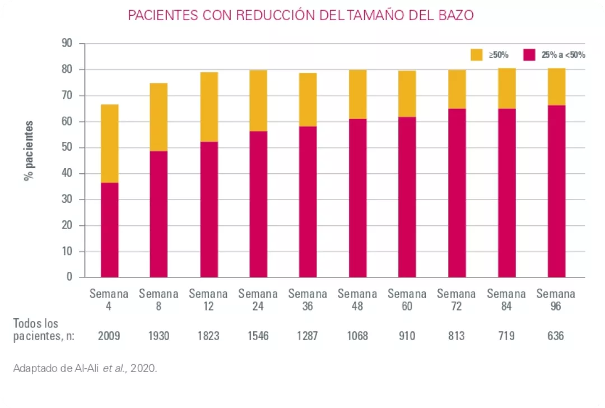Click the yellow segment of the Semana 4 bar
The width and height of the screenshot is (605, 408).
coord(109,143)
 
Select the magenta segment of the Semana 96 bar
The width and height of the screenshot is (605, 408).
coord(556,191)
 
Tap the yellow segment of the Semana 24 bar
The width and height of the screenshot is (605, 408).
coord(258,100)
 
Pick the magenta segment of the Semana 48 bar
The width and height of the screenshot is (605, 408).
coord(357,197)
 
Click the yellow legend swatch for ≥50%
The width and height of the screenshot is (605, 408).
coord(476,55)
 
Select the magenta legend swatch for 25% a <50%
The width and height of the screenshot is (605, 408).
coord(529,55)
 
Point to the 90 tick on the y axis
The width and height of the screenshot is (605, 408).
coord(67,43)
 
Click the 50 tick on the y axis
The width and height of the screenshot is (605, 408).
coord(67,147)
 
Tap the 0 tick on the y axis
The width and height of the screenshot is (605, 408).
coord(69,277)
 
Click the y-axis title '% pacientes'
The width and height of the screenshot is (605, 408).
coord(29,150)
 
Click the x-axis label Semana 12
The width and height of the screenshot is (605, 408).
coord(208,300)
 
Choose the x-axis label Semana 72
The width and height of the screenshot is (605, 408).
coord(457,300)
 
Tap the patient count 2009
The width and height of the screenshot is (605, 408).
coord(109,336)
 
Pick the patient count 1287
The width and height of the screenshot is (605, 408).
coord(308,336)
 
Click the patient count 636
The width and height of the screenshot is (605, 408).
coord(556,336)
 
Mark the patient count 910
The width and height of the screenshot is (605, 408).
coord(407,336)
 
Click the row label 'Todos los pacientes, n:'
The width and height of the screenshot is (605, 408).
coord(44,330)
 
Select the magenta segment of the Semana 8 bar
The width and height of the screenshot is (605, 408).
coord(159,214)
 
